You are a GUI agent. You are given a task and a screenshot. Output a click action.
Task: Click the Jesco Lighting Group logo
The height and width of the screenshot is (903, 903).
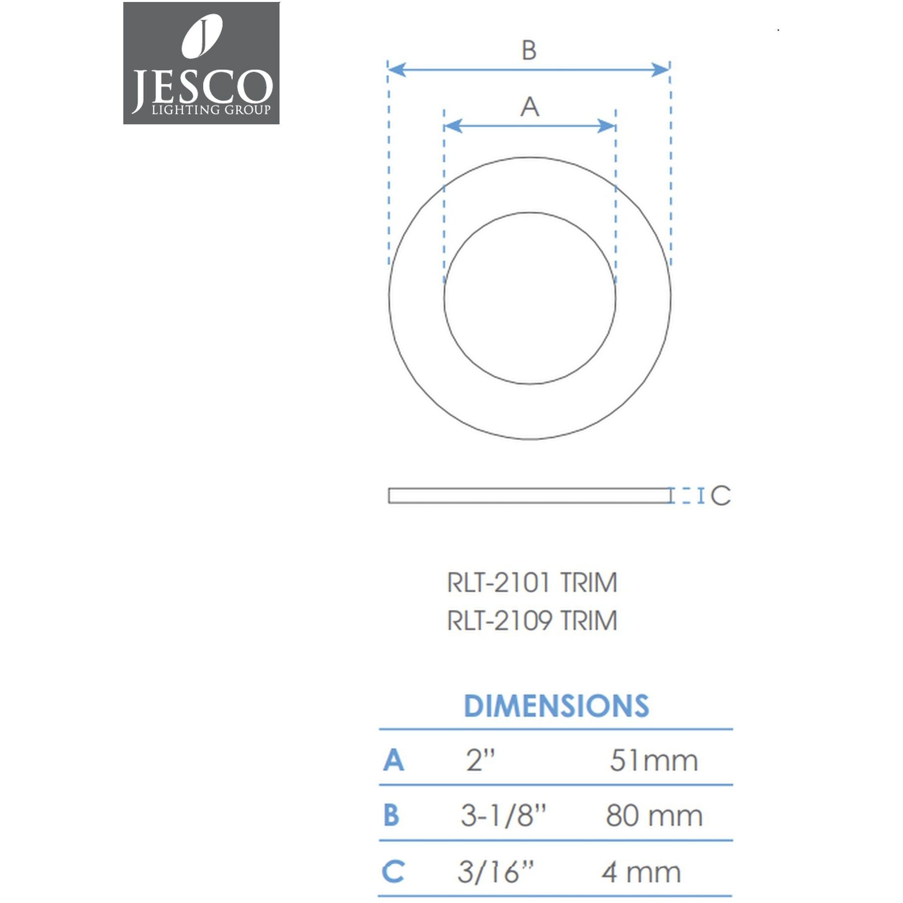201,63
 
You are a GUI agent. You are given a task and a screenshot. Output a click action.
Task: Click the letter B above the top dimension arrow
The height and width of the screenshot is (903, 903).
529,51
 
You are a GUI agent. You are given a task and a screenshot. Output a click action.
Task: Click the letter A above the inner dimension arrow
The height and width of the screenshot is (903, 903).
530,107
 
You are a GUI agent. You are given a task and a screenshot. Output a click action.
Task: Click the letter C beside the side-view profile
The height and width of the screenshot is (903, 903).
721,496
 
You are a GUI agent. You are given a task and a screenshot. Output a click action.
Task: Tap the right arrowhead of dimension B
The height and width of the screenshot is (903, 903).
661,70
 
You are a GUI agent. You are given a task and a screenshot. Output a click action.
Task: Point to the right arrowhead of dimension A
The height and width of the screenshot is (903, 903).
607,126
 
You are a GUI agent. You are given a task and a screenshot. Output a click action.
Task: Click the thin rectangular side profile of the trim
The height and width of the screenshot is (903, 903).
529,496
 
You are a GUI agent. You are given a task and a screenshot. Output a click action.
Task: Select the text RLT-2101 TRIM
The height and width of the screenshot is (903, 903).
532,583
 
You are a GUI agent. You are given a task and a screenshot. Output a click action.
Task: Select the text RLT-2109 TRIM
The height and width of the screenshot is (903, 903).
532,621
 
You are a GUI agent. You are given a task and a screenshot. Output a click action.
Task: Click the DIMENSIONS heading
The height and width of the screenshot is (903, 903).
556,706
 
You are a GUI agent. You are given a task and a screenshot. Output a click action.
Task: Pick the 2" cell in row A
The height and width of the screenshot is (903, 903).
480,760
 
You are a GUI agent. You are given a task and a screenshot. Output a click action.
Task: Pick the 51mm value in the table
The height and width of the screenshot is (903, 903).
654,761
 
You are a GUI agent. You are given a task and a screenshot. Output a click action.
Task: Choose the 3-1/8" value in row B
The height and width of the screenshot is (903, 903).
503,816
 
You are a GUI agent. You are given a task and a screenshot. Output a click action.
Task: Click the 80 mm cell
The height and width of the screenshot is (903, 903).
654,816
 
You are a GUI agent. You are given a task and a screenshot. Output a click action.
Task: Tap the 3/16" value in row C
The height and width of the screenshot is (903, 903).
495,872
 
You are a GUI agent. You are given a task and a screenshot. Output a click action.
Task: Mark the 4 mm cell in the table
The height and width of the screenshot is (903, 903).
641,873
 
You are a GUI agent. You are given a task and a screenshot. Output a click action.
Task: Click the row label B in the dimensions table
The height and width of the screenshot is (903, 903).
391,816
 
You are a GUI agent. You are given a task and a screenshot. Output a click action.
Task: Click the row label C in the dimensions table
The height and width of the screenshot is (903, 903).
393,872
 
